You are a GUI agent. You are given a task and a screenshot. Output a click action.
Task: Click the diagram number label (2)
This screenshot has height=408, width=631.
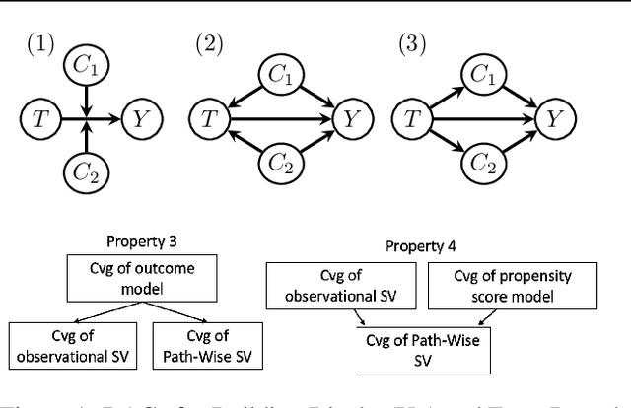(x=211, y=43)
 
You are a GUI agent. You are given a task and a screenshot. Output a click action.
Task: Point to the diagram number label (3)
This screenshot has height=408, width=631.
(x=411, y=43)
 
